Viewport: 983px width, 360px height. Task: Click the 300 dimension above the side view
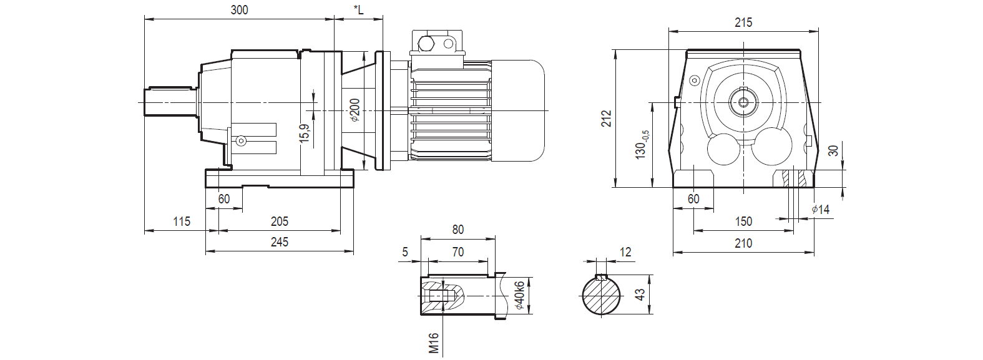239,10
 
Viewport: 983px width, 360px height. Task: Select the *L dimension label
358,10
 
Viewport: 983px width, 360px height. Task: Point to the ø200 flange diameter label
355,110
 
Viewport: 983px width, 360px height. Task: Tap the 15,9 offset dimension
305,132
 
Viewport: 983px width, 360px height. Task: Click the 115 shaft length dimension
182,221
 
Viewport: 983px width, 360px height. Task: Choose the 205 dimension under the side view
280,221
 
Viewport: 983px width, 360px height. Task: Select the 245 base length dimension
280,242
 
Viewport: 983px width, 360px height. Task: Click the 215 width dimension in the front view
743,22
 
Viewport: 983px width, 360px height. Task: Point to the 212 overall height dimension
607,119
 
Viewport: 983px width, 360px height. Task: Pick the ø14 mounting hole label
821,210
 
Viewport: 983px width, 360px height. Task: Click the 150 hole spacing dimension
743,221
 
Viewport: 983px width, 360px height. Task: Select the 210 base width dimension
743,243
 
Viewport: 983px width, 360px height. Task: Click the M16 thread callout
434,343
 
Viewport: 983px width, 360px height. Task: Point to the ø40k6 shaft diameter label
519,296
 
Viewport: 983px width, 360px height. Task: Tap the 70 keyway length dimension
458,252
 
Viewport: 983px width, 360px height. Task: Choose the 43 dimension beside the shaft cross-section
640,294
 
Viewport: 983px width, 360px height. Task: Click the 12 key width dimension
625,252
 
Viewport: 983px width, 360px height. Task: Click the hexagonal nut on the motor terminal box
428,44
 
